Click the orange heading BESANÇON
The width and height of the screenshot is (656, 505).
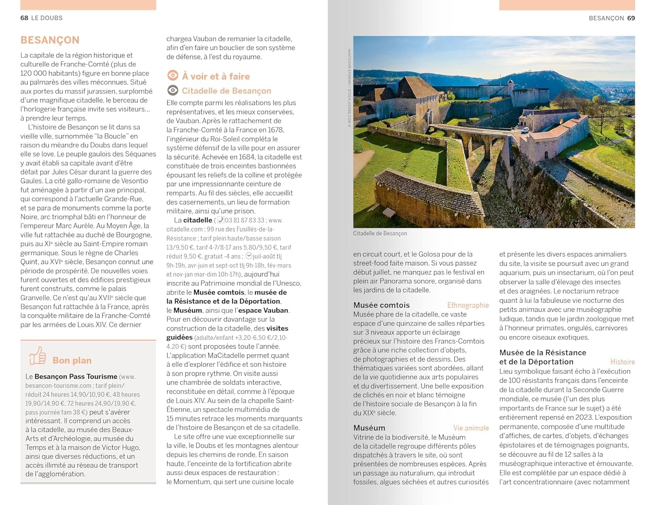pyautogui.click(x=50, y=40)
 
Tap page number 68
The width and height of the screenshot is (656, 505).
pyautogui.click(x=24, y=18)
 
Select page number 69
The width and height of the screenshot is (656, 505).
pyautogui.click(x=631, y=18)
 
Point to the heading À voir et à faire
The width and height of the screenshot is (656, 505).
pyautogui.click(x=216, y=76)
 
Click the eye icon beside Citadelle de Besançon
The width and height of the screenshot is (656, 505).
pyautogui.click(x=173, y=91)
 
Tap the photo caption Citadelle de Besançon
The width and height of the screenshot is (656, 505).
pyautogui.click(x=380, y=233)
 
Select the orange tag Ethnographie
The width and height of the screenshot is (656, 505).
pyautogui.click(x=468, y=305)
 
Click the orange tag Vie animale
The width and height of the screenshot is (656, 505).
pyautogui.click(x=471, y=428)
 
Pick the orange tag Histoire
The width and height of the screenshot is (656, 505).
pyautogui.click(x=622, y=362)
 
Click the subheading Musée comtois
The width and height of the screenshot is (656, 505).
pyautogui.click(x=381, y=305)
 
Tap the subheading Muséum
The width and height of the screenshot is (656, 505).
pyautogui.click(x=369, y=428)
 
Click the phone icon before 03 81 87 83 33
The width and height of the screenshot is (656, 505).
pyautogui.click(x=221, y=220)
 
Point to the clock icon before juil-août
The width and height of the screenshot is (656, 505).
pyautogui.click(x=249, y=256)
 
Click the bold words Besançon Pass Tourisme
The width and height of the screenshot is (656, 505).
pyautogui.click(x=76, y=376)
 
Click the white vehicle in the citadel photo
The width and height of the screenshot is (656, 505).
pyautogui.click(x=524, y=129)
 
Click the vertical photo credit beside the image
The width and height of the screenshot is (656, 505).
pyautogui.click(x=349, y=87)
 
